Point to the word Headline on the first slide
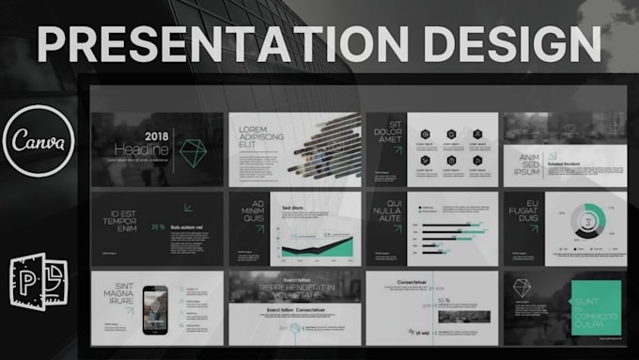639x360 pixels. [x=142, y=149]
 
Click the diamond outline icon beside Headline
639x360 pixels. [x=193, y=149]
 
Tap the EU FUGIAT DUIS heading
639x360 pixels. [x=523, y=211]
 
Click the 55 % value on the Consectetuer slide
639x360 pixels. [x=443, y=301]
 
